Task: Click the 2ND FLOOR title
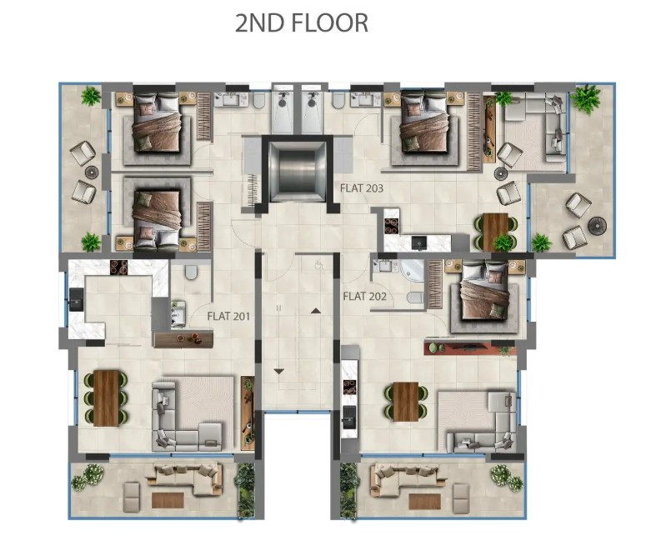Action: [302, 23]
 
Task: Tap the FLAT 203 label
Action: [362, 188]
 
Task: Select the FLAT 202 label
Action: [365, 296]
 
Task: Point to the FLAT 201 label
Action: [229, 316]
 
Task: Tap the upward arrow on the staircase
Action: [316, 310]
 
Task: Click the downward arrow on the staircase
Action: [278, 369]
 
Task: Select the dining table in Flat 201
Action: [106, 398]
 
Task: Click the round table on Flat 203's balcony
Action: [596, 226]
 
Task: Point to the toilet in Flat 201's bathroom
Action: [191, 273]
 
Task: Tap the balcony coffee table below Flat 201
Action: [168, 500]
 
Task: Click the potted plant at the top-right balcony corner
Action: [587, 98]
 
